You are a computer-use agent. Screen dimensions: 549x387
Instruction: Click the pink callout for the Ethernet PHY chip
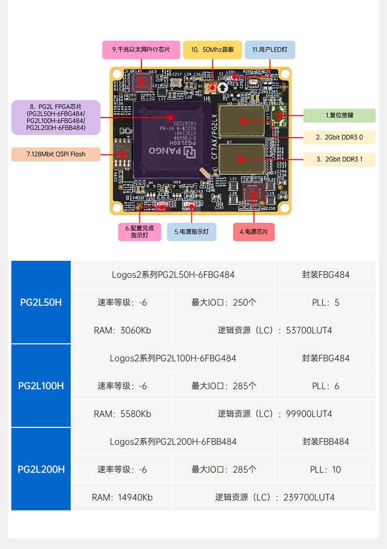coord(141,50)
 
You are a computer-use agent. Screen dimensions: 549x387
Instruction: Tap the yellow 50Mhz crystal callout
coord(212,50)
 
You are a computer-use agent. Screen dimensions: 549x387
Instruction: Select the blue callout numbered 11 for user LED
coord(270,50)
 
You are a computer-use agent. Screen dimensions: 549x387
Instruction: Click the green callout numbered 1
coord(339,115)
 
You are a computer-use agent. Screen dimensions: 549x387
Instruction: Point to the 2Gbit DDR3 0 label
coord(339,138)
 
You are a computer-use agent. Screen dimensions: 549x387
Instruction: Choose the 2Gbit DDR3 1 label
coord(339,159)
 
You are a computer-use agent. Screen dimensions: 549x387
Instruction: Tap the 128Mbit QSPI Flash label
coord(56,154)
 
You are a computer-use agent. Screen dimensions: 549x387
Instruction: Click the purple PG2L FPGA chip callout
coord(56,118)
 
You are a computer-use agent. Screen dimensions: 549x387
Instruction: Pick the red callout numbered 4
coord(253,232)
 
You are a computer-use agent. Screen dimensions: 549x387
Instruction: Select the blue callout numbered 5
coord(191,232)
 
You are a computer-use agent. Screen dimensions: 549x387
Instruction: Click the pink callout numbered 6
coord(139,231)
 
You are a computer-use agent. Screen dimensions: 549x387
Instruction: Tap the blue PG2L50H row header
coord(41,303)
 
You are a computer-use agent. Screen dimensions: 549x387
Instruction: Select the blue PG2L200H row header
coord(41,470)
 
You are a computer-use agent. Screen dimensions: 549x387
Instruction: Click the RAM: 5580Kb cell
coord(122,414)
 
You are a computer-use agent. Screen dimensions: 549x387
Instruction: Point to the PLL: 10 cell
coord(325,470)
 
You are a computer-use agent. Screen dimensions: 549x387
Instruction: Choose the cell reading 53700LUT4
coord(275,330)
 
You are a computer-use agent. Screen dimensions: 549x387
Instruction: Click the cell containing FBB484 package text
coord(325,442)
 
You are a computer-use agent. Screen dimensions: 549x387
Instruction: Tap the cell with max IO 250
coord(223,303)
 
